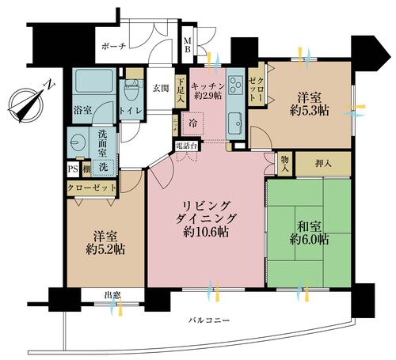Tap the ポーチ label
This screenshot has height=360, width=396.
tap(114, 47)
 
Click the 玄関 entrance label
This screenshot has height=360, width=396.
tap(161, 89)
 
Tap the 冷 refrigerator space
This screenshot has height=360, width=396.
tap(195, 123)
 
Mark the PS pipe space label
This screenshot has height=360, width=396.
tap(70, 169)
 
